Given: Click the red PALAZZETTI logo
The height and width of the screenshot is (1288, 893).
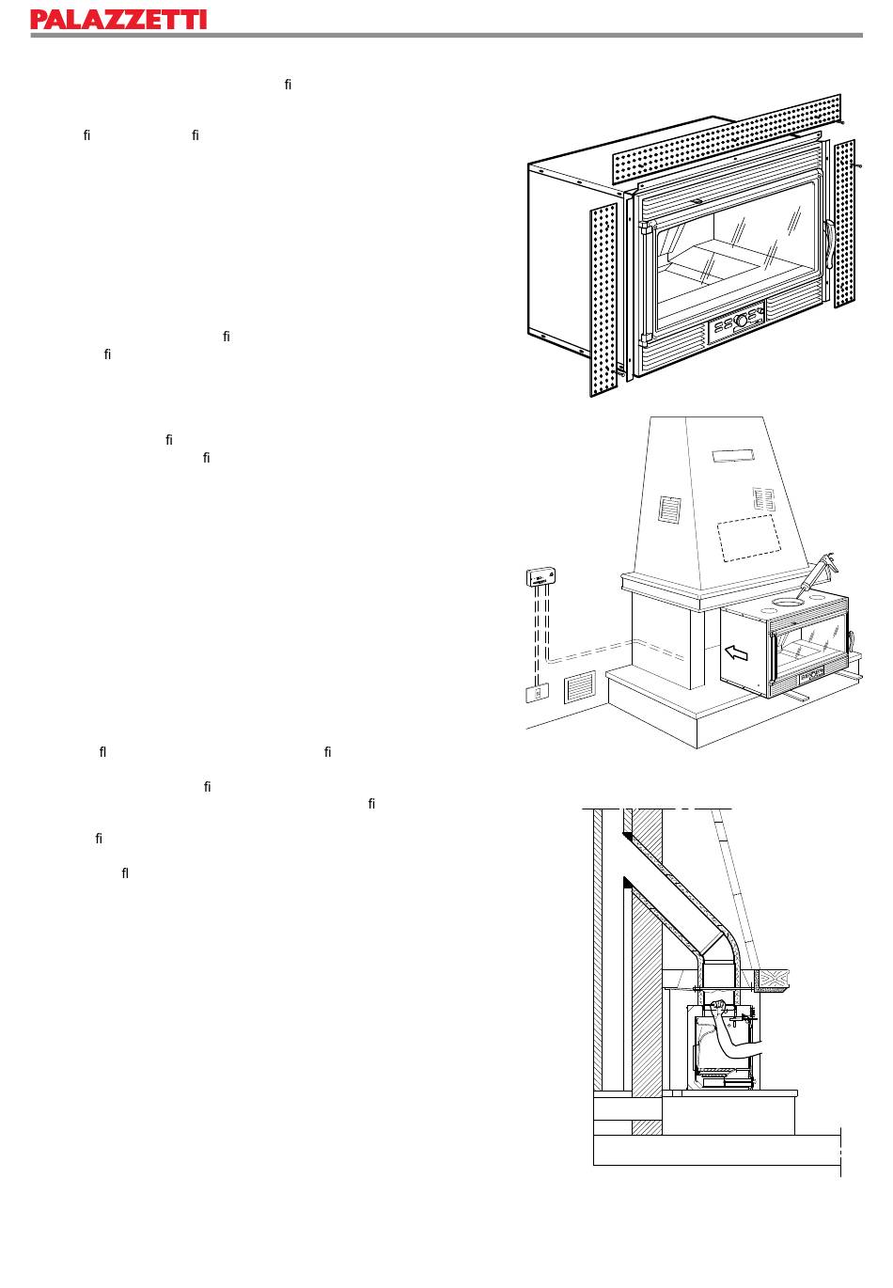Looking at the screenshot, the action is pos(118,20).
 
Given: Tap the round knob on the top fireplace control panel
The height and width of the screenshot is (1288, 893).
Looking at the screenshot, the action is pos(741,321).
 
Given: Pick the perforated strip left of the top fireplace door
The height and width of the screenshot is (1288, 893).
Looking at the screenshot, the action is pos(603,300).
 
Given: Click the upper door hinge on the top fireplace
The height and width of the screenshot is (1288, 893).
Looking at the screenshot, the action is pos(645,227).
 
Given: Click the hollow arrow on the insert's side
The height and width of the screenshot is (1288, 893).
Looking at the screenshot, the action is pos(737,652).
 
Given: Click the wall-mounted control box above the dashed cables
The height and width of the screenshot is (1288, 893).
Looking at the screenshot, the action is pos(540,575).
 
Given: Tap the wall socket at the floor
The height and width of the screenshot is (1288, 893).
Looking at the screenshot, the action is pos(537,694).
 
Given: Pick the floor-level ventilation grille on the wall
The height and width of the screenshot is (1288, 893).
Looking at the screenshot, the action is pos(580,687).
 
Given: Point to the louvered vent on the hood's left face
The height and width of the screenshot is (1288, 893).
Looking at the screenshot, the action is pos(669,510).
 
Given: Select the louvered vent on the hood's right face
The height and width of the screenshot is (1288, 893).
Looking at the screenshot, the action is pos(763,498).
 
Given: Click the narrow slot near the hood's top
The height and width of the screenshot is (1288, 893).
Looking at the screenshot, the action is pos(733,456).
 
